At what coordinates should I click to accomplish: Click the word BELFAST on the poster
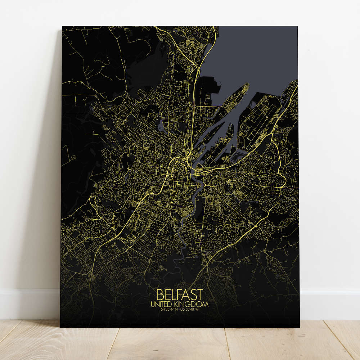click(180, 294)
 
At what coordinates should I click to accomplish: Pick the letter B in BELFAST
click(160, 294)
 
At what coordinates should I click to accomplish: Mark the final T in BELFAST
click(199, 294)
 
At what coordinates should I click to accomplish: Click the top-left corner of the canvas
click(62, 26)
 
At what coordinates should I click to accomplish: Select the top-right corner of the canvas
click(298, 26)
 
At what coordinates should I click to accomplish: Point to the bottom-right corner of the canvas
click(299, 327)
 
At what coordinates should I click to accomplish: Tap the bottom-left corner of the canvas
click(60, 327)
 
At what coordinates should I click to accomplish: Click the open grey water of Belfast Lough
click(252, 58)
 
